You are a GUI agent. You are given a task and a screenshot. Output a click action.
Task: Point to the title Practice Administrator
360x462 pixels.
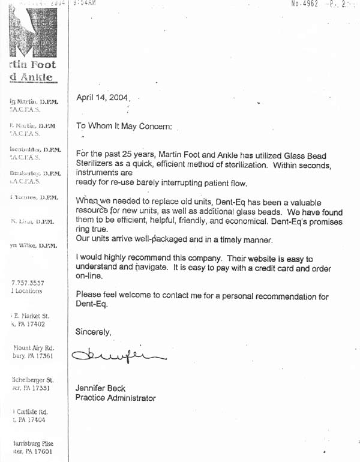115,398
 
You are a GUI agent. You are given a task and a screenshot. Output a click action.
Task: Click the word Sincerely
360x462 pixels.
93,331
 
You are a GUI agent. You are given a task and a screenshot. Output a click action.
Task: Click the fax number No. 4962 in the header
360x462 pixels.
304,4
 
